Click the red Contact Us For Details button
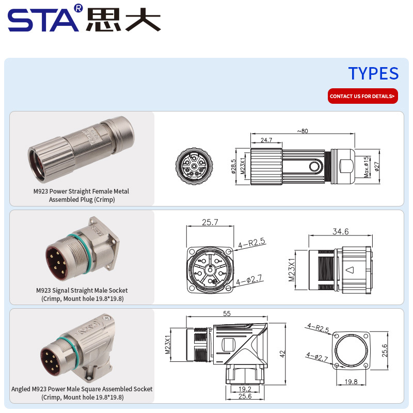coord(363,96)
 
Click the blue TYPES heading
coord(373,73)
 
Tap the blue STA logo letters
coord(43,20)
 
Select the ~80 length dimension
coord(303,131)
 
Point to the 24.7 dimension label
coord(266,140)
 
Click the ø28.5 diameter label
coord(233,166)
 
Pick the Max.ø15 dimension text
coord(366,167)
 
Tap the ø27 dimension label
coord(377,166)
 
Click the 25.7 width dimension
coord(210,222)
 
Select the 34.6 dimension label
coord(341,231)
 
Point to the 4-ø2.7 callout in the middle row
coord(249,280)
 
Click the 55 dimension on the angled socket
coord(227,313)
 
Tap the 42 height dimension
coord(282,354)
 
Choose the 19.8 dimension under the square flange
coord(351,382)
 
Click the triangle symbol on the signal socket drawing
coord(350,270)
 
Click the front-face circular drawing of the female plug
coord(194,166)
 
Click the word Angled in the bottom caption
coord(21,389)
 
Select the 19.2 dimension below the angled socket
coord(245,389)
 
